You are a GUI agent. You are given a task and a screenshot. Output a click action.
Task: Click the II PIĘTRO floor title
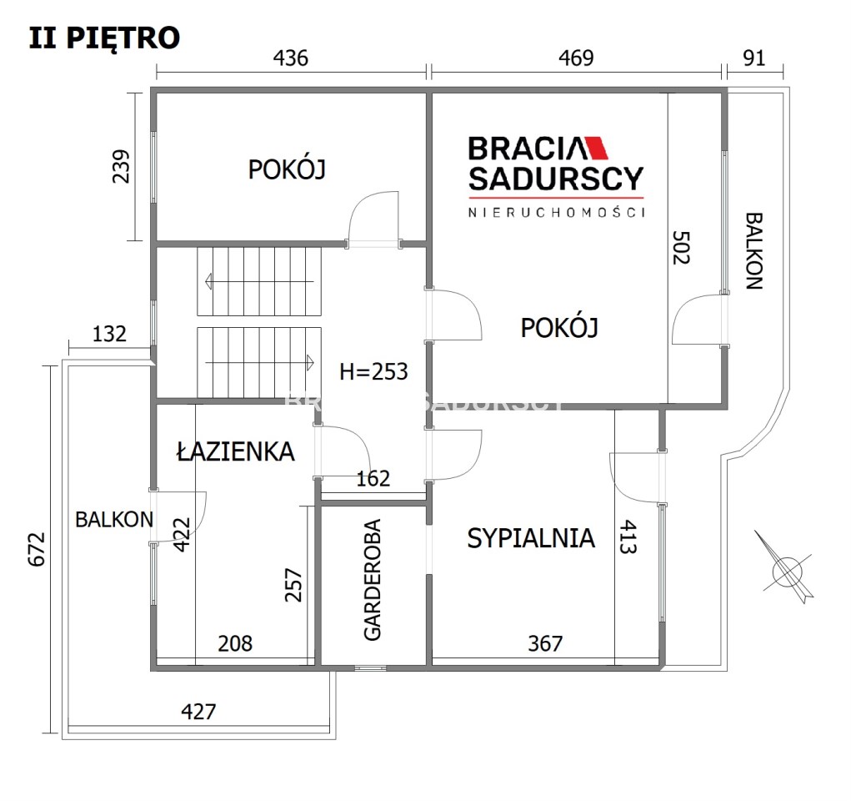point(104,38)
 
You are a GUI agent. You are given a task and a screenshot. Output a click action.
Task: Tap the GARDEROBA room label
point(373,580)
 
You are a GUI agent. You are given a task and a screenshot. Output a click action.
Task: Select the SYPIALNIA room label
point(531,538)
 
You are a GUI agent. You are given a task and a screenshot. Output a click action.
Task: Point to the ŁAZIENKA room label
point(236,451)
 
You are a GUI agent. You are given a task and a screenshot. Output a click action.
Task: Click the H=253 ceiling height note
point(373,371)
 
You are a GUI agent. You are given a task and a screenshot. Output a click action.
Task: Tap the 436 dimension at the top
point(290,58)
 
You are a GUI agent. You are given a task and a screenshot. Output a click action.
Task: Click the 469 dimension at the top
point(576,58)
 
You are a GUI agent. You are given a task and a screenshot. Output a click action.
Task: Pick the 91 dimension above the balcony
point(753,58)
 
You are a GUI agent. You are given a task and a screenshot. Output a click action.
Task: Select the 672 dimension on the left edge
point(37,549)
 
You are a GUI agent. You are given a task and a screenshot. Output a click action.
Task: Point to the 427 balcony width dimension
point(198,712)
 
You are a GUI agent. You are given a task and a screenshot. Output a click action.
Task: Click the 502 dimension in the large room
point(681,248)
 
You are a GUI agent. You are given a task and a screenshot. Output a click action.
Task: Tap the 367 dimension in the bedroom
point(545,644)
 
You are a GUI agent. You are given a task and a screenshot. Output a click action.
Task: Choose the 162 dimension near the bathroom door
point(373,479)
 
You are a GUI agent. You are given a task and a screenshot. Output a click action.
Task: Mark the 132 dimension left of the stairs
point(109,334)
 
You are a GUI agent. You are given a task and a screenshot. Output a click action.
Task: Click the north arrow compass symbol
point(785,568)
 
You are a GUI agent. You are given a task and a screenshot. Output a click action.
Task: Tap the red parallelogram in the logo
point(596,148)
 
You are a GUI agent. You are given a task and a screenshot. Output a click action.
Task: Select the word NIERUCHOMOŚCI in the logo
point(556,212)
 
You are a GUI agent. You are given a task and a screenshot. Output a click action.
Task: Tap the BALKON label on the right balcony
point(753,250)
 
